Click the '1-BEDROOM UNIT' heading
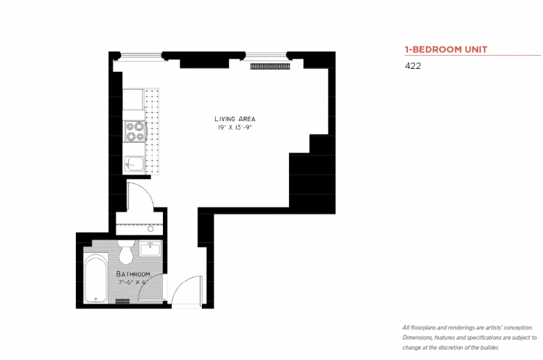(446, 49)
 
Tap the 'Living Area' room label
(235, 119)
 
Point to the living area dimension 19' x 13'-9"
(235, 127)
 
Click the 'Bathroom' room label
(133, 274)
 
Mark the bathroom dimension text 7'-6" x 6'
(132, 282)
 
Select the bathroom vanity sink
(150, 249)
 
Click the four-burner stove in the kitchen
(134, 132)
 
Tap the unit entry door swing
(185, 290)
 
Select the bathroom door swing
(153, 286)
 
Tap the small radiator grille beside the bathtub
(123, 301)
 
